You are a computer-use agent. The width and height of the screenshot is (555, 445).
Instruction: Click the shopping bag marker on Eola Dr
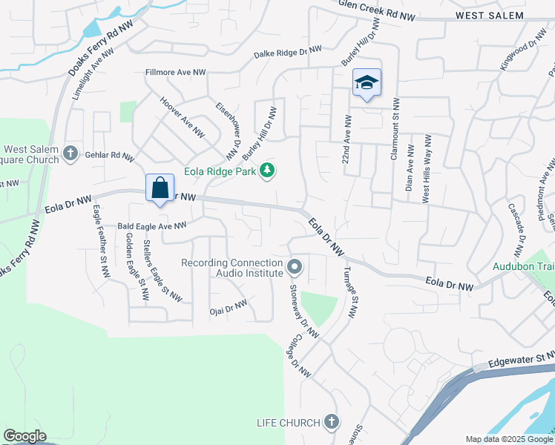coord(160,188)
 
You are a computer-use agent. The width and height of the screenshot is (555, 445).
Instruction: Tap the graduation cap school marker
coord(366,83)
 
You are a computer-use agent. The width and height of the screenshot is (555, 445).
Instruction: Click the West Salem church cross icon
coord(70,154)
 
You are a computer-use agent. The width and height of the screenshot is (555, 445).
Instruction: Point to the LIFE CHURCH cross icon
coord(331,423)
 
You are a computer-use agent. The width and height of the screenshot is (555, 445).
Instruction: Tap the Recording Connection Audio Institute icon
coord(295,266)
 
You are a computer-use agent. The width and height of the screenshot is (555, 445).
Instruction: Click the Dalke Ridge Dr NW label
coord(288,52)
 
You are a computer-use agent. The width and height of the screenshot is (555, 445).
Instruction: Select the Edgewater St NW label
coord(521,360)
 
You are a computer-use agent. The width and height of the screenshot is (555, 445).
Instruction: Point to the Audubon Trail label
coord(524,266)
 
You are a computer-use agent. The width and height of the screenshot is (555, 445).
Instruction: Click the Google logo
coord(24,436)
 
